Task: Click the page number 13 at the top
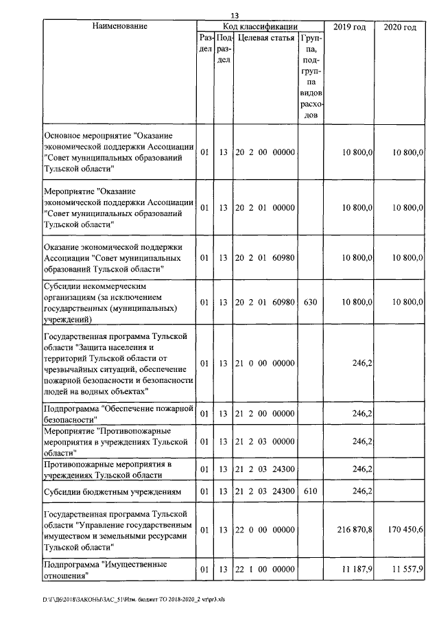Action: (x=235, y=16)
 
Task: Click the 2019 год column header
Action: (x=348, y=27)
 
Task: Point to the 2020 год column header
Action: (x=399, y=27)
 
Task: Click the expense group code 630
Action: (x=310, y=302)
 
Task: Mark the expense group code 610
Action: (x=310, y=491)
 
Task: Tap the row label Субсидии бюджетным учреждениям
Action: (x=112, y=491)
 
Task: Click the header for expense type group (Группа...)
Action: (x=310, y=76)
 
